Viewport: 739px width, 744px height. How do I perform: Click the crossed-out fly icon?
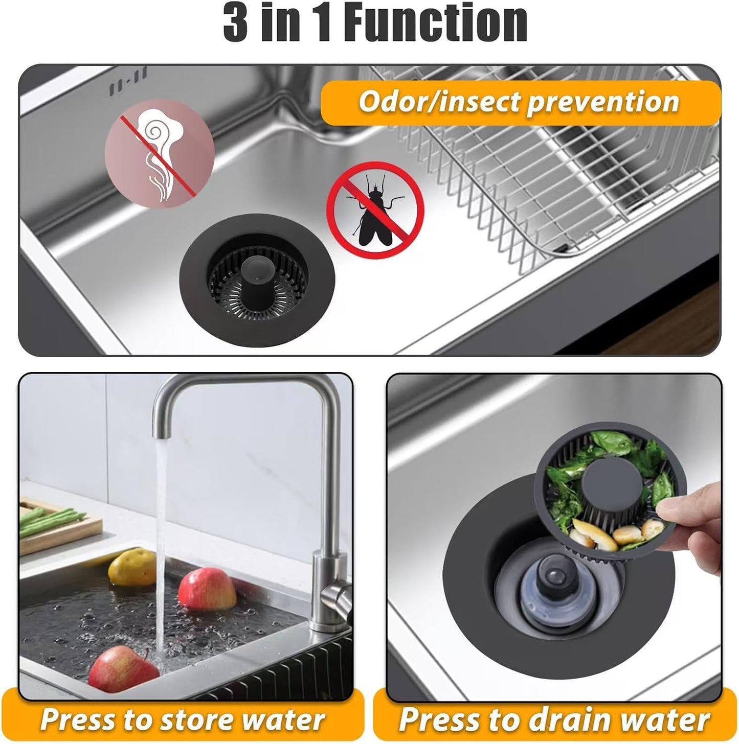point(375,210)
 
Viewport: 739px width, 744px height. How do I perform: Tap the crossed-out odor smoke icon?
point(160,152)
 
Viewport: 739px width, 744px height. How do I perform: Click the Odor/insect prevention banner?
point(519,102)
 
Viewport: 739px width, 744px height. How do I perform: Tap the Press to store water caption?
point(183,719)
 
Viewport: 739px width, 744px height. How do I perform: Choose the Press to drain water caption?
point(554,719)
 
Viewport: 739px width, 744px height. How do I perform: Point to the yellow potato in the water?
point(131,566)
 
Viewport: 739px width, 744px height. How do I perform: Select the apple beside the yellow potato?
point(207,589)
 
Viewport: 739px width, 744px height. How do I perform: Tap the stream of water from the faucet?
point(162,537)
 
